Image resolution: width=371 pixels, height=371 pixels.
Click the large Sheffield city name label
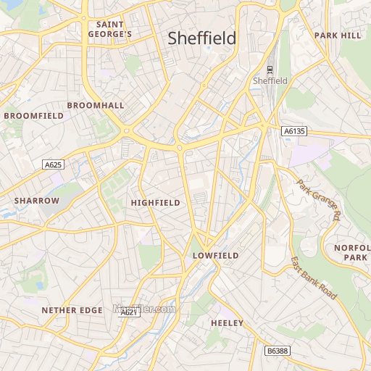pos(202,38)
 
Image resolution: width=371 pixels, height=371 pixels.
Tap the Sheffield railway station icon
pos(270,70)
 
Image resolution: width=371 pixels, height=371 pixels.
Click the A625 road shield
pos(53,165)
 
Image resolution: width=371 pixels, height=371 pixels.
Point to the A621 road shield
pos(128,312)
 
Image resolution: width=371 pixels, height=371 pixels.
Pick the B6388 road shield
pos(276,351)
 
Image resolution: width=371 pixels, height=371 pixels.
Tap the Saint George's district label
pos(109,29)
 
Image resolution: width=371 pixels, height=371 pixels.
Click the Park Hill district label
pos(337,35)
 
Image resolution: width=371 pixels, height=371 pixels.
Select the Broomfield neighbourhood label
pos(34,115)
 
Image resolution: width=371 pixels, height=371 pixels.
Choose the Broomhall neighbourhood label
pos(95,105)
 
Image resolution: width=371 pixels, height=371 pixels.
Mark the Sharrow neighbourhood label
pos(36,200)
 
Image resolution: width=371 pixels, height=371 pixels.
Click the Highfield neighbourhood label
pos(155,203)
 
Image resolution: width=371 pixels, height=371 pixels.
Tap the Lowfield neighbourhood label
pos(215,256)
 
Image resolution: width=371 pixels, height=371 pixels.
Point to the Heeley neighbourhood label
pos(227,322)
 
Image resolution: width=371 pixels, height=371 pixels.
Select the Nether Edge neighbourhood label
pos(72,310)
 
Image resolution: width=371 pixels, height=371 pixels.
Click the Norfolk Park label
pos(351,252)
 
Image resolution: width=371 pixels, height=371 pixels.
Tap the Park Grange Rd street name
pos(319,199)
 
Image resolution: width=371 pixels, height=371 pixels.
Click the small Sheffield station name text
pos(270,80)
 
